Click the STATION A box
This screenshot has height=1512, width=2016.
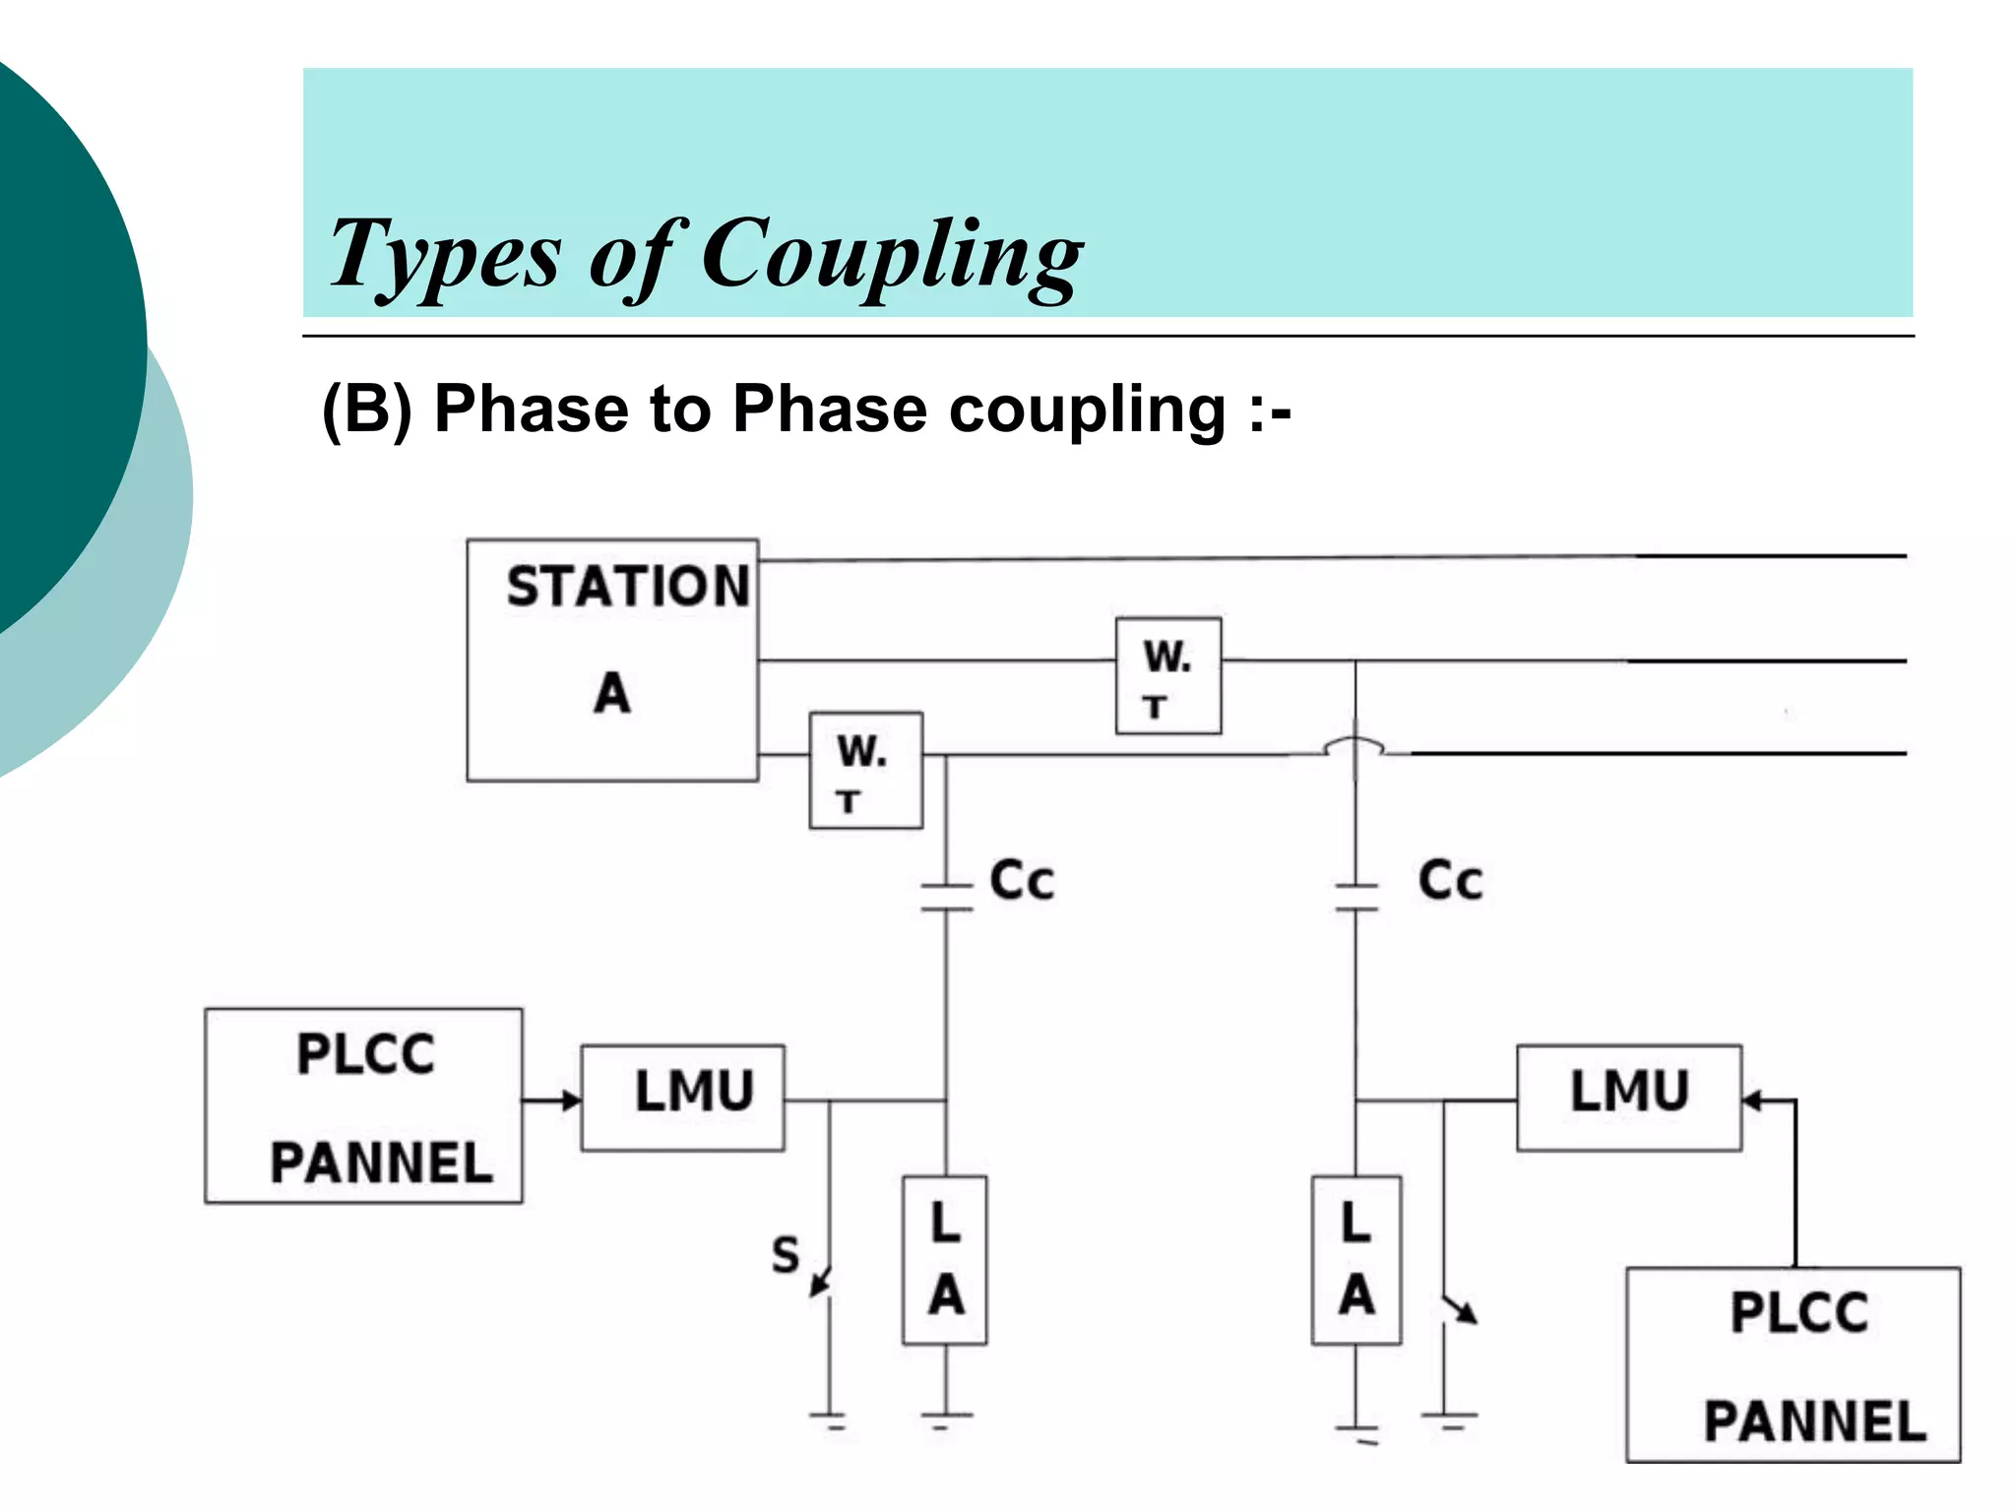612,660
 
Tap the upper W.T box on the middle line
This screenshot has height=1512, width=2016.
1168,676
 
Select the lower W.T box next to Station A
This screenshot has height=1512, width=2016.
865,771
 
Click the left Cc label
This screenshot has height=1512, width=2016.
1022,880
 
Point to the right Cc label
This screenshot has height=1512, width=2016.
1450,880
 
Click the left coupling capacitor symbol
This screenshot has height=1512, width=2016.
946,897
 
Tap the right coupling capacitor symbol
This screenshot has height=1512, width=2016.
1355,897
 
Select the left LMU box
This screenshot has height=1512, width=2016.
683,1098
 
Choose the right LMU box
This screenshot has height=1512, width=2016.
1628,1098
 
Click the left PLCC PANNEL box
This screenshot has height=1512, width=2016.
363,1105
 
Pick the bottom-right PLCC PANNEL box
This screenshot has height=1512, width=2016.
1793,1364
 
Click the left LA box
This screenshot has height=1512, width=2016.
945,1260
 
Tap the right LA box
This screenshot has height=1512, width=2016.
1355,1260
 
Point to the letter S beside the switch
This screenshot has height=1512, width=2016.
785,1255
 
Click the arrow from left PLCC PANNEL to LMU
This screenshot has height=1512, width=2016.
551,1100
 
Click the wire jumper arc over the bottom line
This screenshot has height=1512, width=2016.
1354,745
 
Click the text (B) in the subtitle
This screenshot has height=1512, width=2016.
367,409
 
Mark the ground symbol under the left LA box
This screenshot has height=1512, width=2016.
946,1418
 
